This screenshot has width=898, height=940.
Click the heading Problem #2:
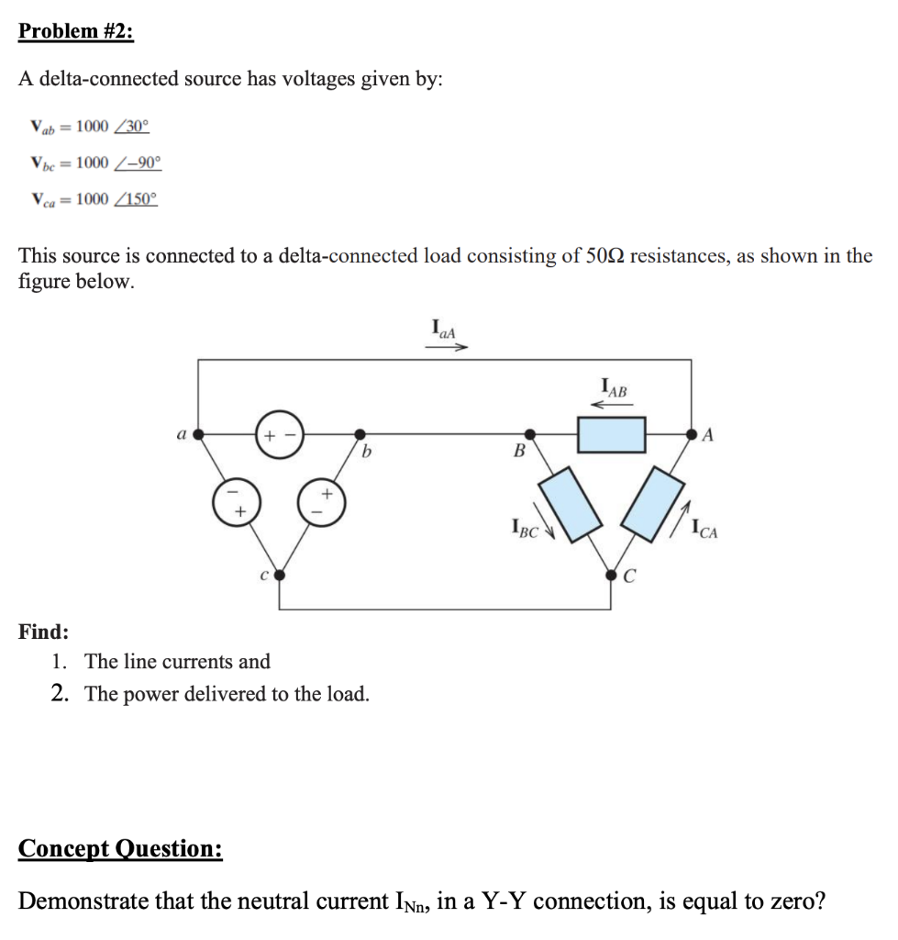point(76,31)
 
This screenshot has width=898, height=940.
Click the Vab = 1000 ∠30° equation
point(88,126)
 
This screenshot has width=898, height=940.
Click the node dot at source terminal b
point(360,434)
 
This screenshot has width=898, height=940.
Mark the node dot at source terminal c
point(279,576)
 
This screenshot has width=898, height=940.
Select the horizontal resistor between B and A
point(611,434)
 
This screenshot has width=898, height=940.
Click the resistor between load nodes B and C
point(570,503)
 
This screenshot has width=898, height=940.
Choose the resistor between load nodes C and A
point(653,503)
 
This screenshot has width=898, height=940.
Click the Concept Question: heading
point(120,848)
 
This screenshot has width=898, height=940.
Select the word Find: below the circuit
point(43,632)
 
